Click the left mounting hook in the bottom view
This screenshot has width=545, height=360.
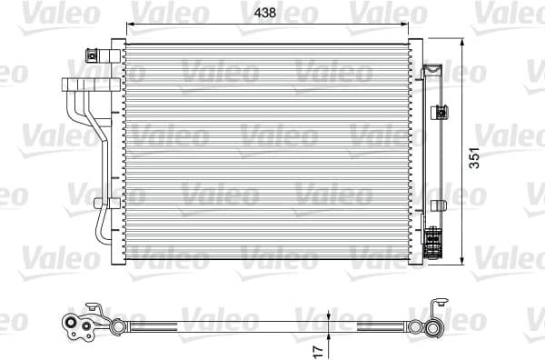(91, 308)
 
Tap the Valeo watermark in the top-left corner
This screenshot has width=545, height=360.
(27, 13)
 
